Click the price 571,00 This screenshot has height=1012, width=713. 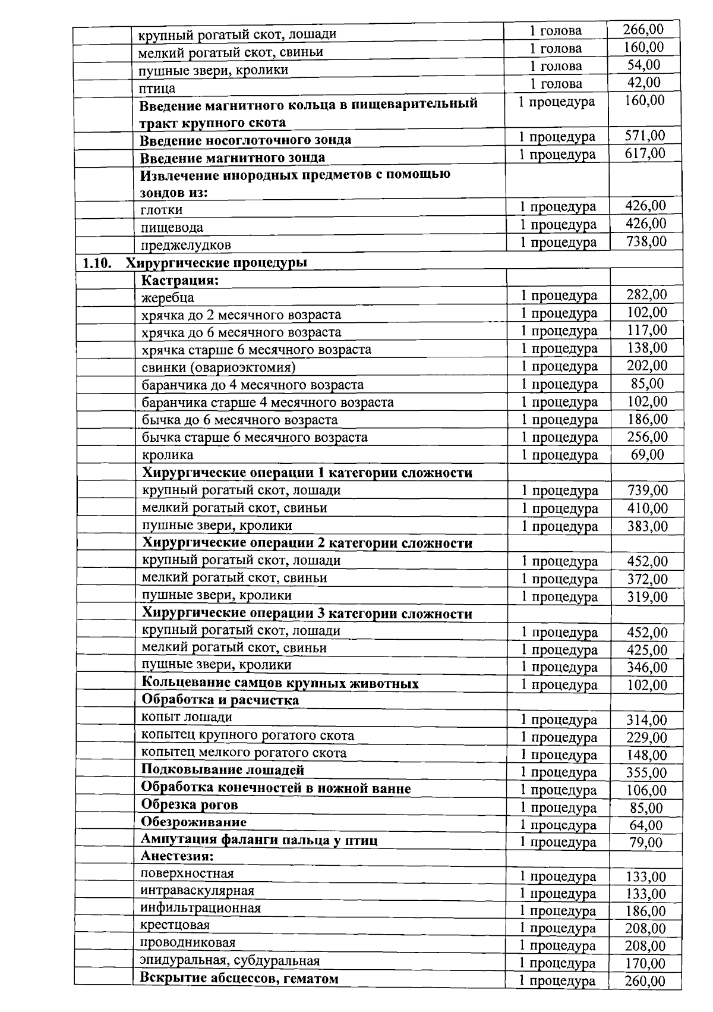645,136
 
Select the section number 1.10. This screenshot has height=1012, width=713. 97,262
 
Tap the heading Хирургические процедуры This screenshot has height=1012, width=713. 217,262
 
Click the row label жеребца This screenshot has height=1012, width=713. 168,297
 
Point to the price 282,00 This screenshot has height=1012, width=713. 646,294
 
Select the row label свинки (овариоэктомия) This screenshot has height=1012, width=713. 219,367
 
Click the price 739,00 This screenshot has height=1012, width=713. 647,491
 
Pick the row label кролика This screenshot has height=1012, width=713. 168,455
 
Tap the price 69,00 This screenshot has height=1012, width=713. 647,455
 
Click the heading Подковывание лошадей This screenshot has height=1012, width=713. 223,770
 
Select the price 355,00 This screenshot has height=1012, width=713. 646,772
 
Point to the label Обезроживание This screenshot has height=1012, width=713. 194,822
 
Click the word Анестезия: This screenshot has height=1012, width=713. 177,856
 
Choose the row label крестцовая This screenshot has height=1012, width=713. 175,925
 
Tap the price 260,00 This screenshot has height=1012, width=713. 645,981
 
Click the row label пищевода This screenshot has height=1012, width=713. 172,228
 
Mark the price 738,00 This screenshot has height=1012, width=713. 646,241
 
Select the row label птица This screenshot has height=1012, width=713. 157,89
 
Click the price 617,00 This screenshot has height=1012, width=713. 645,153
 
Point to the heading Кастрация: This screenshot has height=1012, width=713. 180,280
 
